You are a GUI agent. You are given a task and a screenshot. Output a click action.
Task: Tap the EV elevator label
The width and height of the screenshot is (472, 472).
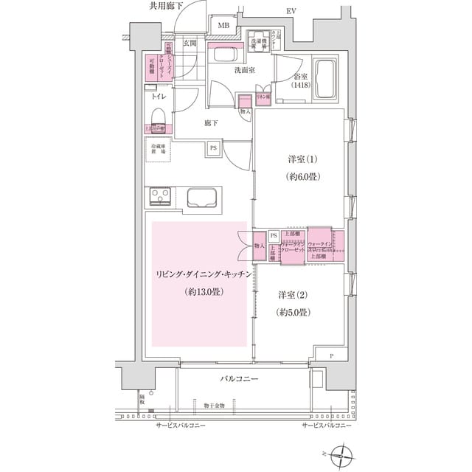pos(291,11)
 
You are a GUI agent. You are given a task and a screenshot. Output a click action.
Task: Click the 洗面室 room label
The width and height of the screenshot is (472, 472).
pos(245,71)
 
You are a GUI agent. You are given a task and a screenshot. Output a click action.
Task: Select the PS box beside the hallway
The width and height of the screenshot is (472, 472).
pos(213,148)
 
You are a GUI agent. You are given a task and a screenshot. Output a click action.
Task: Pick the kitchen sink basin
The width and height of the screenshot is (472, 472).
pos(202,198)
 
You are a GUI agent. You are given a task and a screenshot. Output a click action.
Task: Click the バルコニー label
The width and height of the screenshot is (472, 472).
pos(237,378)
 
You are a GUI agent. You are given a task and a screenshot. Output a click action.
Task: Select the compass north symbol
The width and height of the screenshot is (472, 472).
pos(344,454)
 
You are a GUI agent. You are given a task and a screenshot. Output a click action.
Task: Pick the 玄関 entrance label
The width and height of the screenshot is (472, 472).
pos(190,43)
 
